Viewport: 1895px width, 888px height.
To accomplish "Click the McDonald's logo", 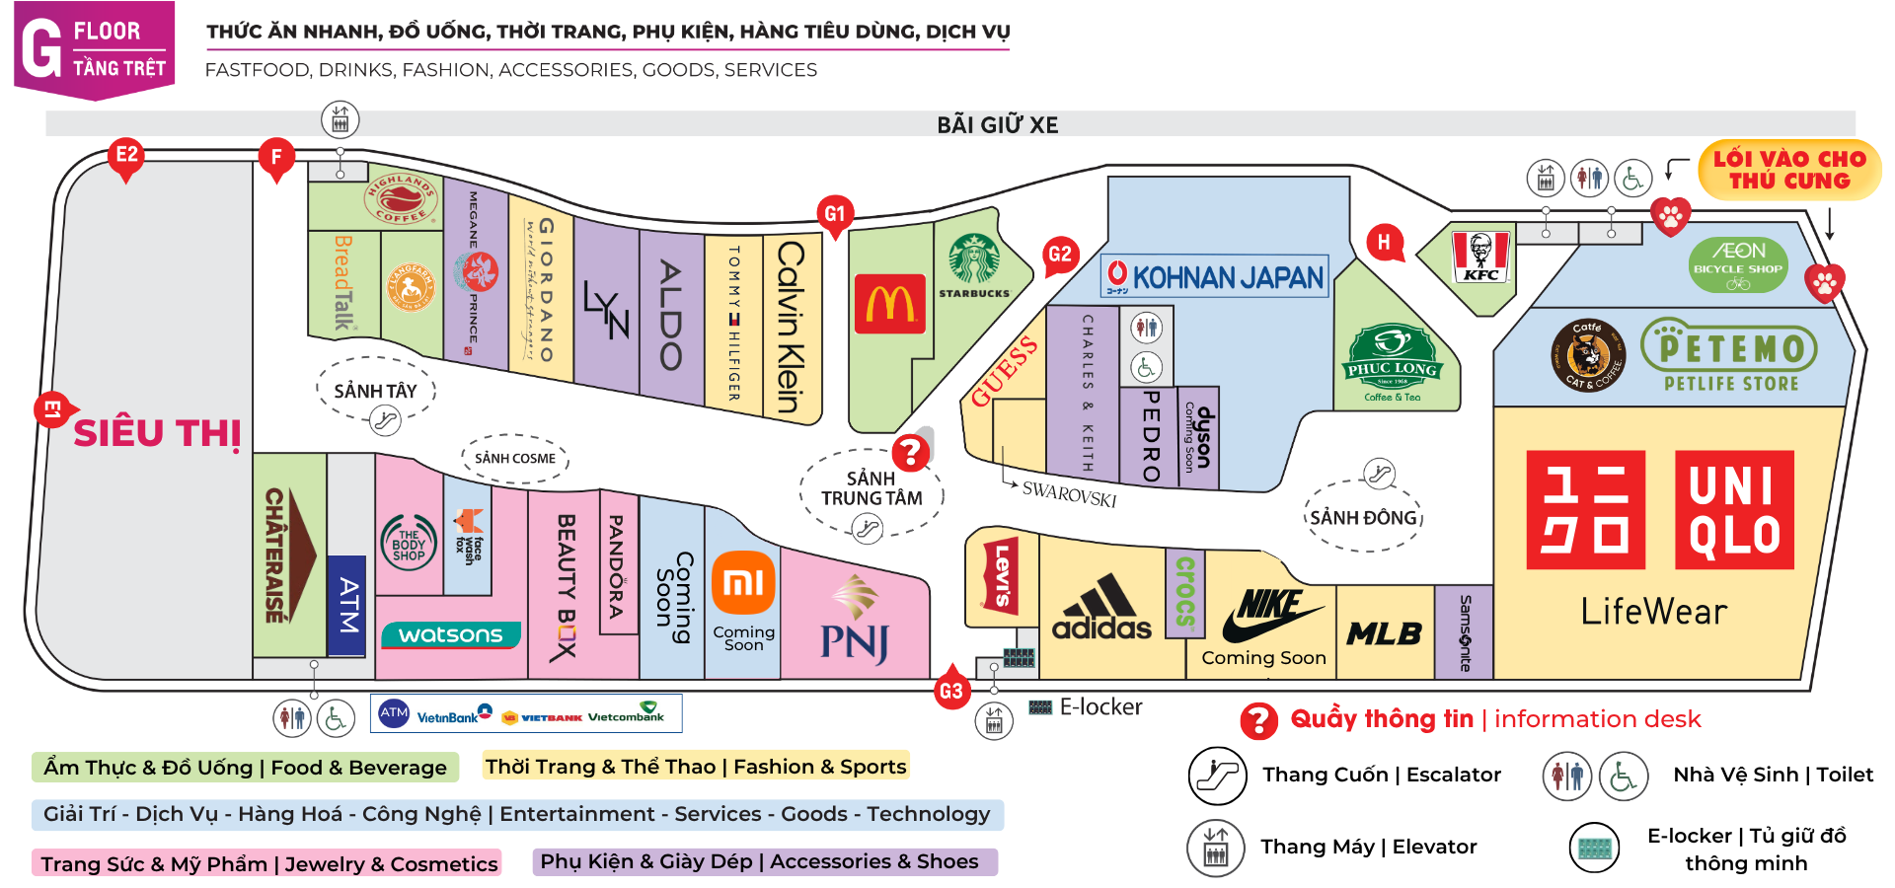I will (x=890, y=304).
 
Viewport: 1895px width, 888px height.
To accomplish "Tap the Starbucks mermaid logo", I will (x=974, y=259).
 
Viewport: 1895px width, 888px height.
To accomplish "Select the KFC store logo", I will (x=1481, y=258).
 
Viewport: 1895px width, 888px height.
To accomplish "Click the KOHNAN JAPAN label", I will (x=1215, y=276).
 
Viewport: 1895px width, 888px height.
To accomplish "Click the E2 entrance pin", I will (x=126, y=158).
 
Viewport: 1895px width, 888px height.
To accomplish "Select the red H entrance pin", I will (x=1384, y=243).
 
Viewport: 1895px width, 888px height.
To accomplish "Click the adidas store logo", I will (x=1101, y=609).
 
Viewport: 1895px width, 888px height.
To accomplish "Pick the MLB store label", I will (x=1384, y=633).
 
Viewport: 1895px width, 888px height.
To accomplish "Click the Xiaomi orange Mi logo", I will (x=743, y=583).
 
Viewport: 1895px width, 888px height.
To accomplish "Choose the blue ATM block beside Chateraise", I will (x=346, y=605).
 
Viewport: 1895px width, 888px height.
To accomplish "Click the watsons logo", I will (x=451, y=634).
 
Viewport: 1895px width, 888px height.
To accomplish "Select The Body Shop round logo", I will (x=409, y=544).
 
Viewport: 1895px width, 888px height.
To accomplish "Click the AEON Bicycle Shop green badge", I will (x=1738, y=264).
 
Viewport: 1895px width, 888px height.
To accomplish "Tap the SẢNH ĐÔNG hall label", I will (x=1363, y=517).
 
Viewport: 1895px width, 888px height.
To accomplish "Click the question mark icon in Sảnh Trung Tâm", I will (x=909, y=453).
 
